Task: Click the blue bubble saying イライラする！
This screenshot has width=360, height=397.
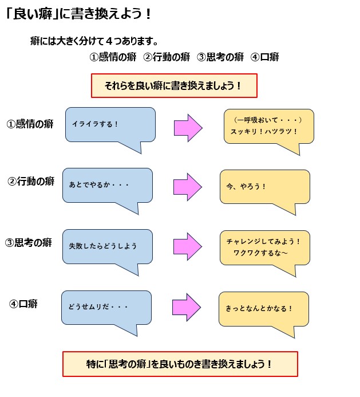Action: click(x=110, y=124)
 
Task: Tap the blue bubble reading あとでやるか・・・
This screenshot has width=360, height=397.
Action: click(x=107, y=185)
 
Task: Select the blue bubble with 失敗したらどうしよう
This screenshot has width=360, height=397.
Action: click(x=107, y=246)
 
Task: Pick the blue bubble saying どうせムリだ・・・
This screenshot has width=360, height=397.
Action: click(x=106, y=308)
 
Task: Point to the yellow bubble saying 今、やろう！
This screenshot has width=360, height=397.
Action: click(x=264, y=187)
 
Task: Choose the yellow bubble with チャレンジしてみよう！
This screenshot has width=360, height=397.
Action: click(x=264, y=247)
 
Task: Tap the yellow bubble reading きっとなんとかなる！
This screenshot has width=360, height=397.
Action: click(x=263, y=309)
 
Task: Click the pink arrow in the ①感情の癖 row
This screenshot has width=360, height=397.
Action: click(x=188, y=128)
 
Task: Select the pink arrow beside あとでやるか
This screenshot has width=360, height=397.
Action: click(x=187, y=187)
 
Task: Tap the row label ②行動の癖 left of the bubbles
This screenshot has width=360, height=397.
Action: click(x=31, y=182)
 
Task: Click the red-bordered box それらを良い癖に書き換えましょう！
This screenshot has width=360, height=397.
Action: click(x=174, y=86)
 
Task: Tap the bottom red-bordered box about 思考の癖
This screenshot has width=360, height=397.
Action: click(x=180, y=364)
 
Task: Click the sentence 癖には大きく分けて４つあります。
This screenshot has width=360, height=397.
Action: click(x=94, y=41)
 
